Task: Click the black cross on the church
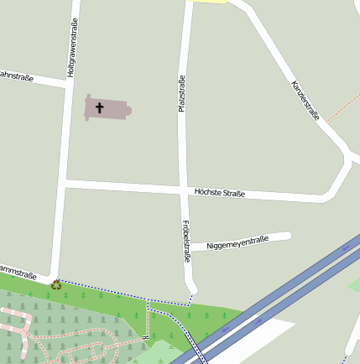(100, 107)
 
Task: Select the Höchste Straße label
(219, 194)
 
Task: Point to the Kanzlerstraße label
(305, 101)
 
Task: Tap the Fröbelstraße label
(185, 240)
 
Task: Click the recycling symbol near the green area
(56, 284)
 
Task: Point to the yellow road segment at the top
(210, 2)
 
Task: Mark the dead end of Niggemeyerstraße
(288, 235)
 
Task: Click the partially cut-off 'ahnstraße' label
(16, 76)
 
